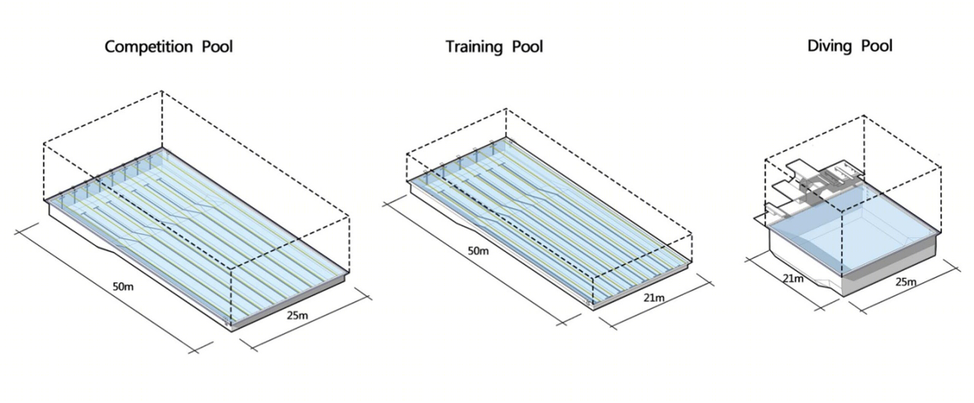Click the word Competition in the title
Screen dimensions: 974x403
click(149, 47)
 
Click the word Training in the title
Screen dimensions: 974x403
click(474, 47)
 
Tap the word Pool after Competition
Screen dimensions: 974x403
click(217, 47)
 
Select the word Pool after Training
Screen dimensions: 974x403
click(527, 47)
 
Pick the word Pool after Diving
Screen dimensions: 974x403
click(877, 46)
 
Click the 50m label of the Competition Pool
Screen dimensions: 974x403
click(123, 287)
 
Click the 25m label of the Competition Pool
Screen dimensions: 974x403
click(297, 315)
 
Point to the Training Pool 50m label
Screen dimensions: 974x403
click(478, 251)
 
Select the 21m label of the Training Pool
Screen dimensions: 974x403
click(654, 297)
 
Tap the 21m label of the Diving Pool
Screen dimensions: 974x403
click(793, 279)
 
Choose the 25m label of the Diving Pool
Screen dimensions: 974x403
click(906, 282)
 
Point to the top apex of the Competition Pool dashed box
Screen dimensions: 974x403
click(162, 91)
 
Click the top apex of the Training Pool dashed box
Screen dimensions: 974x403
click(506, 109)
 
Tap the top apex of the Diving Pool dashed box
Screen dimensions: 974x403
click(864, 115)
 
